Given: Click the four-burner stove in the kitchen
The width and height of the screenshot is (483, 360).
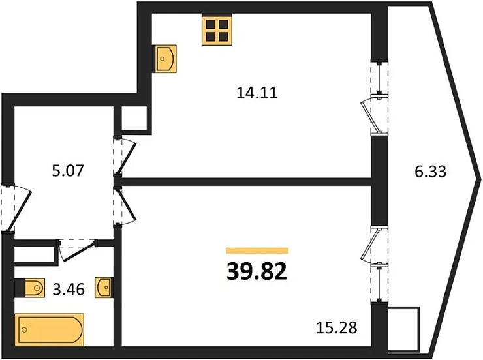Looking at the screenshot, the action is [x=217, y=30].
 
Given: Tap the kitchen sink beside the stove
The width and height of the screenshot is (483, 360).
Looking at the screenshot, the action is [x=166, y=59].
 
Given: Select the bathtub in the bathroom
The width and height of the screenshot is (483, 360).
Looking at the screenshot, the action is [x=50, y=329].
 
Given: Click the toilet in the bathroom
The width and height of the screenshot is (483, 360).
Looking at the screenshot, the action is [x=30, y=288].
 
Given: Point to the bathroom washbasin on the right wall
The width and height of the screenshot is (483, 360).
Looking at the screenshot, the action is [x=104, y=287].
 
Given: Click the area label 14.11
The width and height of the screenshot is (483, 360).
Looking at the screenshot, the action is [x=257, y=93].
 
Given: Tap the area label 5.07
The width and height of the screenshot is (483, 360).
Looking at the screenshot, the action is [x=68, y=171].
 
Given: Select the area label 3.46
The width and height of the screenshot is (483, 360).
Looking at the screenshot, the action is [x=69, y=289].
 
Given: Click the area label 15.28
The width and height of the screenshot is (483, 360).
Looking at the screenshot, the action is [x=337, y=327].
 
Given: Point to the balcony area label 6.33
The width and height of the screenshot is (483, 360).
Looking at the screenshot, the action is [x=430, y=172].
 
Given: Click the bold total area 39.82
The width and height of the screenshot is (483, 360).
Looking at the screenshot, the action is [x=257, y=272].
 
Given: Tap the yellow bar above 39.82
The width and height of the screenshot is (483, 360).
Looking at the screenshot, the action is [x=257, y=250].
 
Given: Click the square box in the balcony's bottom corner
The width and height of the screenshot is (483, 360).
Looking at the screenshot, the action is [x=404, y=329].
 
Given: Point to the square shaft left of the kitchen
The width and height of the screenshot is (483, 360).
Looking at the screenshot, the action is [x=134, y=119].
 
